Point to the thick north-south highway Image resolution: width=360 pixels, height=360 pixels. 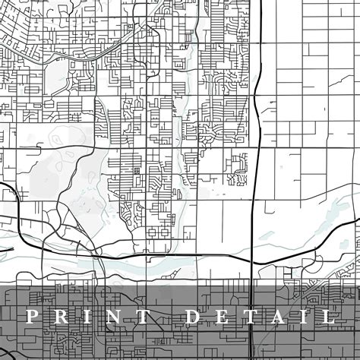pyautogui.click(x=254, y=152)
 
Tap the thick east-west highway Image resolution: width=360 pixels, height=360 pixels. pyautogui.click(x=167, y=256)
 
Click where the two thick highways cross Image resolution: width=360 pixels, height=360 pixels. pyautogui.click(x=253, y=261)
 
